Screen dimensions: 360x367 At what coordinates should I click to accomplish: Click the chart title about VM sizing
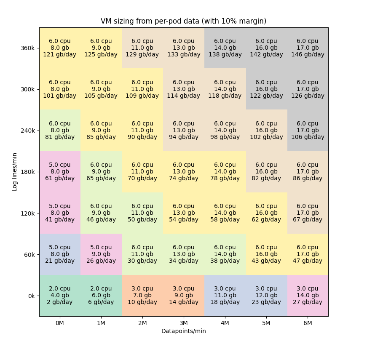183,21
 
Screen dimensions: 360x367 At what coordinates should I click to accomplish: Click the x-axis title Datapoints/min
183,331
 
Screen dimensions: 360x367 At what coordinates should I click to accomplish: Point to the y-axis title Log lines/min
15,172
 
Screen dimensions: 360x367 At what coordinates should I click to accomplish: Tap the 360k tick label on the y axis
27,48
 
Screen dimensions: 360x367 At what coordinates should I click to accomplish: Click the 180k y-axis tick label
27,172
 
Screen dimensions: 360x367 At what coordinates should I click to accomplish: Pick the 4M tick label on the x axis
225,323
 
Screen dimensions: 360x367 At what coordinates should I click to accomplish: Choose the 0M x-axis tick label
60,323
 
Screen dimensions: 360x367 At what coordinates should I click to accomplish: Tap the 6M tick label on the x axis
308,323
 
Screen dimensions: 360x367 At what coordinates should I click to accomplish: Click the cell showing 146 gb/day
308,48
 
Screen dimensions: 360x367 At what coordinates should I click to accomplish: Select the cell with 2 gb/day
60,296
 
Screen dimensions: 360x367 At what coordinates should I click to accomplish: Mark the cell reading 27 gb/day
308,296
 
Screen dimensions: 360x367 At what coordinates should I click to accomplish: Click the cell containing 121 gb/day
60,48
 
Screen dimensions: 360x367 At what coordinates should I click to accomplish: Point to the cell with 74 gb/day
184,172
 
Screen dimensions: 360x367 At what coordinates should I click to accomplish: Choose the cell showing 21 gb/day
60,254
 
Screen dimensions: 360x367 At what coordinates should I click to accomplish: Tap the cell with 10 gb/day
142,296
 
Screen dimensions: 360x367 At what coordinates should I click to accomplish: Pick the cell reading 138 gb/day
225,48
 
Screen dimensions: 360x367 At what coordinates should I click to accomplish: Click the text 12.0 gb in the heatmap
266,296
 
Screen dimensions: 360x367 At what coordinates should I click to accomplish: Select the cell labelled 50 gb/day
142,213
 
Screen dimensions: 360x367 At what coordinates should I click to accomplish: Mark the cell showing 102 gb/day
266,131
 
